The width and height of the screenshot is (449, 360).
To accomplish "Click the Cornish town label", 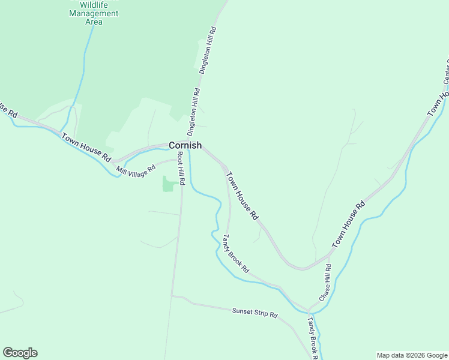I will (185, 145).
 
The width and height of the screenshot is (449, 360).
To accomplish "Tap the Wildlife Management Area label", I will (94, 14).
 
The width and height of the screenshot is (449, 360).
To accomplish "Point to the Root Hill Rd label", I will (180, 168).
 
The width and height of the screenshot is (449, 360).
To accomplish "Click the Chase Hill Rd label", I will (325, 283).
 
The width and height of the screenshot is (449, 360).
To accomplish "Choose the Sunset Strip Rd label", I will (255, 313).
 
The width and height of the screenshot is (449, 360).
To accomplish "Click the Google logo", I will (20, 353).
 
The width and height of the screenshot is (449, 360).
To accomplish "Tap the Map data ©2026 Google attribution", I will (412, 355).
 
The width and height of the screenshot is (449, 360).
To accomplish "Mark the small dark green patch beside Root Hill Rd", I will (168, 184).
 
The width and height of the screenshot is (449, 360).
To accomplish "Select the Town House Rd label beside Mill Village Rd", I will (86, 146).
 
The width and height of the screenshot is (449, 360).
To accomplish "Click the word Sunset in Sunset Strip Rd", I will (242, 311).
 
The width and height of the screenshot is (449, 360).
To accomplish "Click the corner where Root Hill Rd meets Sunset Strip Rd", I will (172, 295).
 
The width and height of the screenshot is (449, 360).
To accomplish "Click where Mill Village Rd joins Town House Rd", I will (114, 163).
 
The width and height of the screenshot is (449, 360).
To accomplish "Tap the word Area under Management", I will (94, 22).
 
